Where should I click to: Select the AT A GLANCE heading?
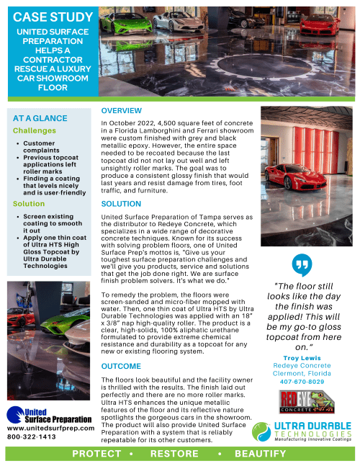(x=41, y=117)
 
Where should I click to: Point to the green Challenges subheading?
(x=34, y=131)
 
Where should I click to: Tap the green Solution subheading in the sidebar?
(x=29, y=204)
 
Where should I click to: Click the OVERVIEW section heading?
(x=121, y=111)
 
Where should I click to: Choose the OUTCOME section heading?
(x=121, y=367)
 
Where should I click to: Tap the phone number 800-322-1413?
(x=32, y=436)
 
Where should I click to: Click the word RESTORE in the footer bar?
(x=174, y=454)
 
